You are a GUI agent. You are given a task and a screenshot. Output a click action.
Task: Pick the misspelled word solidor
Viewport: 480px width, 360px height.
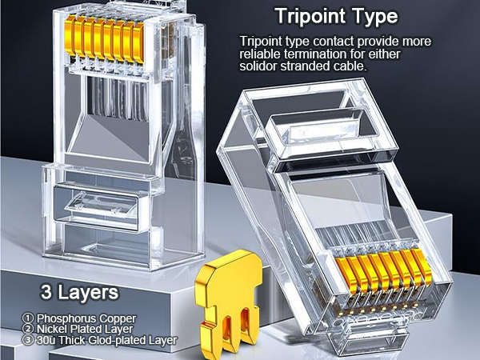[x=259, y=66]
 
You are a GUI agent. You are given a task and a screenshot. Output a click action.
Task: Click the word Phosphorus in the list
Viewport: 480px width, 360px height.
[x=65, y=318]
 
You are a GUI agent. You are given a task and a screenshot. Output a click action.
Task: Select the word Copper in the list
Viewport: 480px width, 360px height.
[x=116, y=318]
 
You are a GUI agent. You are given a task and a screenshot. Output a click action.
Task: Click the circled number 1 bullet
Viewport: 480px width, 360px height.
[x=29, y=318]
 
